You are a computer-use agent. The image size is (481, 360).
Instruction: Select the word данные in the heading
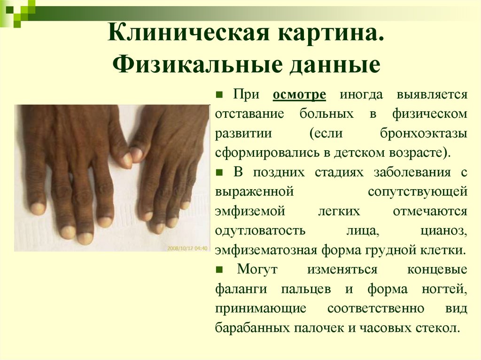(x=335, y=65)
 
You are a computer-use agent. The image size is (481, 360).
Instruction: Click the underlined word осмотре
(x=299, y=94)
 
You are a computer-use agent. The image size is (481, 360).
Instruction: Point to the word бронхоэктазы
(x=423, y=133)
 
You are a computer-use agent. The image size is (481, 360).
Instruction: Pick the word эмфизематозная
(x=266, y=250)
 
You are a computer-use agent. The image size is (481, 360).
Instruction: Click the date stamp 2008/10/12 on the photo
(x=180, y=247)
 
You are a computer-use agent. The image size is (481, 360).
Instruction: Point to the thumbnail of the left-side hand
(x=70, y=169)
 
